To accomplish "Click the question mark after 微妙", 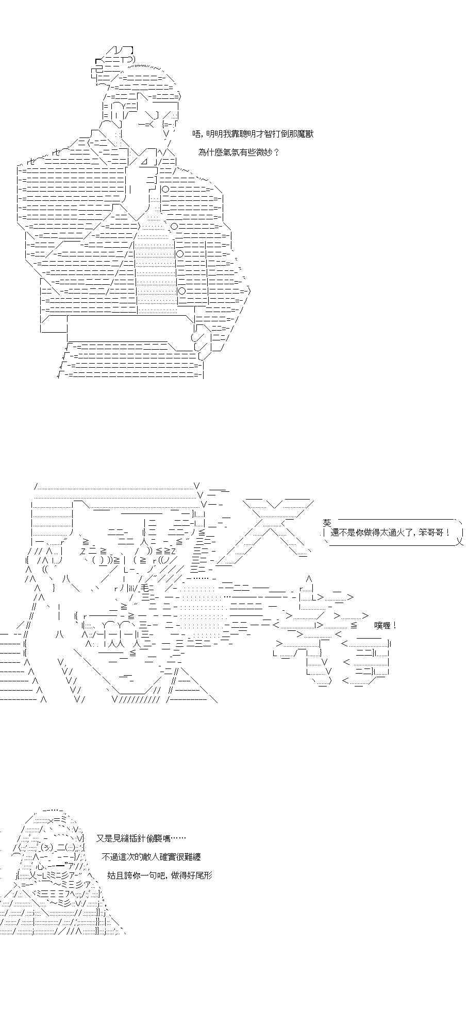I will (x=276, y=152).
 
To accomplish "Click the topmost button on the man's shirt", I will (x=165, y=189).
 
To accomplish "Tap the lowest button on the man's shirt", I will (x=182, y=291).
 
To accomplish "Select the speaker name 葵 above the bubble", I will (x=327, y=522).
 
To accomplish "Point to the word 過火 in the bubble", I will (x=395, y=533).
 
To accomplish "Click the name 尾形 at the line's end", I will (x=204, y=875).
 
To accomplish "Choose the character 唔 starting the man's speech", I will (x=196, y=134).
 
